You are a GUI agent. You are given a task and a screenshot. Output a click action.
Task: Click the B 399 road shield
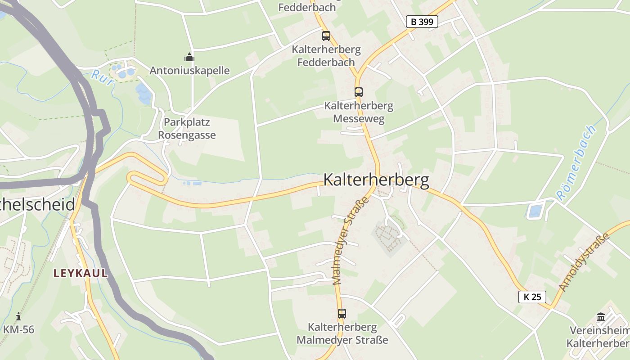(x=422, y=21)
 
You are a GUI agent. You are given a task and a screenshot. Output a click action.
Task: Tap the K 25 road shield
(x=532, y=297)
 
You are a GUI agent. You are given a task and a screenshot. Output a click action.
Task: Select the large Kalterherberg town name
(x=376, y=180)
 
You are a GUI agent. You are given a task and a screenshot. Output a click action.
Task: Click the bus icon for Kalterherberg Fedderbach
(x=326, y=36)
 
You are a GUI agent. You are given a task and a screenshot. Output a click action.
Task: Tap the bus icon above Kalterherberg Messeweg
(x=358, y=92)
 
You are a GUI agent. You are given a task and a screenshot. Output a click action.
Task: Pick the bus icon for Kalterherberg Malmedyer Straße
(x=342, y=314)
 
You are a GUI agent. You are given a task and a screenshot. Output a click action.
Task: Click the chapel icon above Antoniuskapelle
(x=189, y=57)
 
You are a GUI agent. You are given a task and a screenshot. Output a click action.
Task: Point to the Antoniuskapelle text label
(x=189, y=71)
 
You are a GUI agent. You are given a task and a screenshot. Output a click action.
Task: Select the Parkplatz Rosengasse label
(x=187, y=129)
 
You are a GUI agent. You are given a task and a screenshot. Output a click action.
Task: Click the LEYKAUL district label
(x=81, y=273)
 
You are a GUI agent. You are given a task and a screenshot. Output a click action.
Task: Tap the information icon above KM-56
(x=18, y=316)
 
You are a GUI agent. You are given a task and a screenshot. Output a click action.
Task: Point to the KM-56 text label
(x=18, y=329)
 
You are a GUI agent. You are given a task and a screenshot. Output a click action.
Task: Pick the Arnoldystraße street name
(x=584, y=262)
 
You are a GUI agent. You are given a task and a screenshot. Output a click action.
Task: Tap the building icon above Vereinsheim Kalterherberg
(x=601, y=317)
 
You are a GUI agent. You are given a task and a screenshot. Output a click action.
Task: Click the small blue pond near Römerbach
(x=535, y=211)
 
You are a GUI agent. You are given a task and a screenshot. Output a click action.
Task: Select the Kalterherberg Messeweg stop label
(x=359, y=112)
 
